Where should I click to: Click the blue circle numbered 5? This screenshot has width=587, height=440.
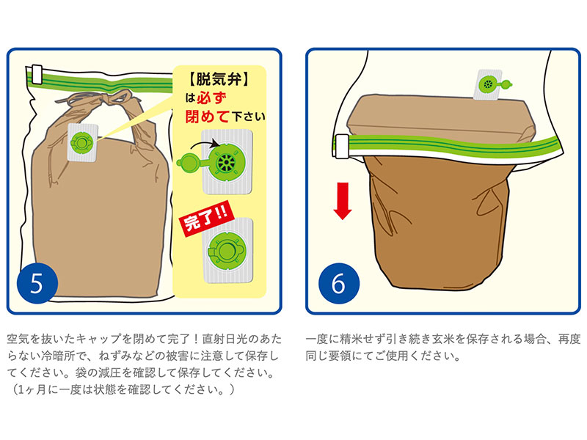point(37,283)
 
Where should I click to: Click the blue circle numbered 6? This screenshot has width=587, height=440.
point(339,283)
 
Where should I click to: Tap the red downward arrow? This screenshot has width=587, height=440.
point(342,201)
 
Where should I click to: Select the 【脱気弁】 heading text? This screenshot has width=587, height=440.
point(218,79)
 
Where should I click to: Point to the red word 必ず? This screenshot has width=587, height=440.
point(211,98)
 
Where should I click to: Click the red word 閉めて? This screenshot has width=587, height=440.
point(207,117)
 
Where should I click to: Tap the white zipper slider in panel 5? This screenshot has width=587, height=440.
point(37,74)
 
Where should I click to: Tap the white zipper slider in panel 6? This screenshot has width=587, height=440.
point(341,146)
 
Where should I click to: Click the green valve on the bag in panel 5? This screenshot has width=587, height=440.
point(81,142)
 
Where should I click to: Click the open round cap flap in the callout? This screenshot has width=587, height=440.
point(189,164)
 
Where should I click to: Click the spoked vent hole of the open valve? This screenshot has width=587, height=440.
point(227,164)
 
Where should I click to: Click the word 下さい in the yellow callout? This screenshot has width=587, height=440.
point(249,117)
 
